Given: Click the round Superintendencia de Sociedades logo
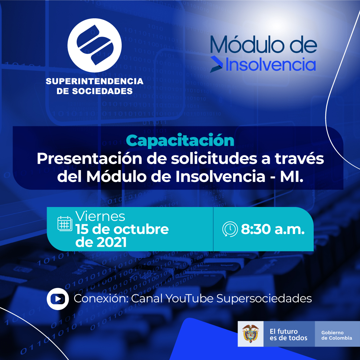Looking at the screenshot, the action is point(94,45).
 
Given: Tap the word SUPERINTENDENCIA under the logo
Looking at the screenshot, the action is point(95,81).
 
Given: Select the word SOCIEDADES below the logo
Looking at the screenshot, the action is point(102,91).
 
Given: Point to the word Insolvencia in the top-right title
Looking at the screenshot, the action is point(271,65).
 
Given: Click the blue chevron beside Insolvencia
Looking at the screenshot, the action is point(216,64).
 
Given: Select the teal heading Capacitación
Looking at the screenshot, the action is point(180,141).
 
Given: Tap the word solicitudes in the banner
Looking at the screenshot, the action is point(214,159).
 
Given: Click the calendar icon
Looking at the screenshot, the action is point(65,223).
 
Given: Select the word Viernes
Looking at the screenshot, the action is point(100,216).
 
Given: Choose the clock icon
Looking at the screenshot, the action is point(230,229).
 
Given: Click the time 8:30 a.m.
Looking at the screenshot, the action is point(273,229).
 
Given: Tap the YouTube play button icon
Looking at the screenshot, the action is point(58,299).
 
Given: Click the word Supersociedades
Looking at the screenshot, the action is point(264,298).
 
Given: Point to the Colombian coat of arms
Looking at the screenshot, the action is point(250,334).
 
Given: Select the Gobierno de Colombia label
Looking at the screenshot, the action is point(337,335).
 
